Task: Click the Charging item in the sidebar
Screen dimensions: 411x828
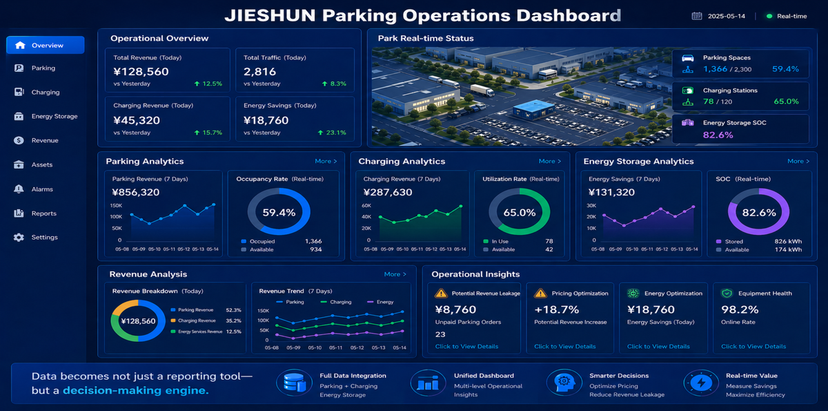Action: [x=46, y=92]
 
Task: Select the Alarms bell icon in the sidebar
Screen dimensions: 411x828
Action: [x=19, y=189]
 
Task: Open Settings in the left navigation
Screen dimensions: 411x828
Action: [x=44, y=238]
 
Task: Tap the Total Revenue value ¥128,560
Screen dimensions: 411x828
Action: [x=141, y=71]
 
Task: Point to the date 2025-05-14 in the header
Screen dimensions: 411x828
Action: [x=727, y=16]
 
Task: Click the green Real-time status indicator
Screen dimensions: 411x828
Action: [x=769, y=16]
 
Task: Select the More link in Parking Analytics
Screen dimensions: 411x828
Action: [x=326, y=161]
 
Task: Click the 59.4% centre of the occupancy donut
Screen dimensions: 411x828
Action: [x=279, y=213]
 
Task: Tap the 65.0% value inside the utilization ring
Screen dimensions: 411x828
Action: [x=520, y=213]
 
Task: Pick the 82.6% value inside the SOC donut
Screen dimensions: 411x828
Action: [x=758, y=213]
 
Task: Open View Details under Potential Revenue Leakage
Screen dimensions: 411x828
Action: [x=466, y=347]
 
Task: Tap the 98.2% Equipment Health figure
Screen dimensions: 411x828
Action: [x=740, y=310]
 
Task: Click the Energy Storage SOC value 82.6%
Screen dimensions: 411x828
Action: [x=718, y=135]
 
